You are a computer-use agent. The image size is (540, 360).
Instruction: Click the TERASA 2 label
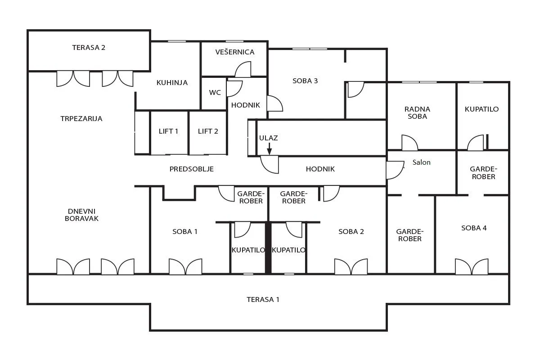89,48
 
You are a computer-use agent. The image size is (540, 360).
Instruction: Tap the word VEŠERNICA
235,52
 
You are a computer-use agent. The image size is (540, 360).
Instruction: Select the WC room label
215,92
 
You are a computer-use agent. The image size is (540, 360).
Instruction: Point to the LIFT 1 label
168,131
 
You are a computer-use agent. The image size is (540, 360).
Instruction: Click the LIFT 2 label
208,131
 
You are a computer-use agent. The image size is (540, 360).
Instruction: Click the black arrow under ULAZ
269,148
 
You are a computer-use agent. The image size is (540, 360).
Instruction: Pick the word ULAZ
269,138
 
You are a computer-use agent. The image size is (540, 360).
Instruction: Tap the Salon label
421,162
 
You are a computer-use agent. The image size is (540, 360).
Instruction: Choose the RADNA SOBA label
417,112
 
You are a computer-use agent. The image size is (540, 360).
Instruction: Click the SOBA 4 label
474,228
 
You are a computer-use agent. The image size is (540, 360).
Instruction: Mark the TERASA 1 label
263,300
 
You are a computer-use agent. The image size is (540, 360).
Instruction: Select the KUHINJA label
172,83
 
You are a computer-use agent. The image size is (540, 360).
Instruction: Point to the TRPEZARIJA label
81,119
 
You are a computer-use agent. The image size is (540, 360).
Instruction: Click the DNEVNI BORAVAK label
82,215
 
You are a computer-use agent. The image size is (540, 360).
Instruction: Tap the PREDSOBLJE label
192,169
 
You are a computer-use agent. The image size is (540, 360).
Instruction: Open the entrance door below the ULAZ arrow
270,164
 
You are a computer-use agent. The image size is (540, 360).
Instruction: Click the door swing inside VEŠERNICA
243,69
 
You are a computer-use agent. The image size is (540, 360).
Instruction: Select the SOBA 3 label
305,81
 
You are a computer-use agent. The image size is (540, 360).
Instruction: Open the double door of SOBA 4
472,266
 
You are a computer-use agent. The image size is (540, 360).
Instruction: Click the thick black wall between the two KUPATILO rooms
268,248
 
